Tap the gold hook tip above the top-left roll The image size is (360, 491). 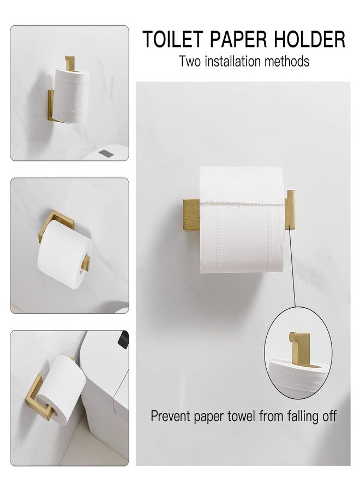[68, 58]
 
